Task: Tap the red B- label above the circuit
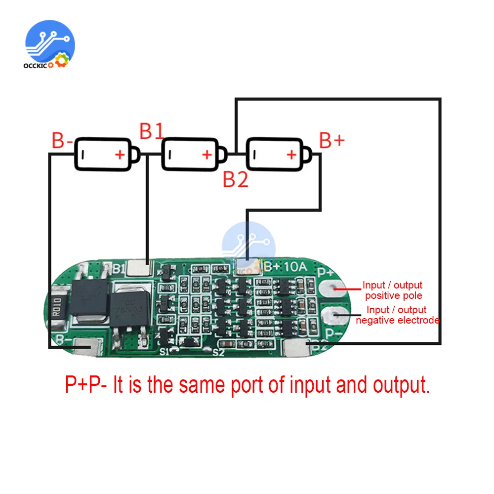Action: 62,141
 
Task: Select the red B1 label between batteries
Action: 151,131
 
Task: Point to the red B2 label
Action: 235,179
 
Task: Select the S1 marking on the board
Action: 165,352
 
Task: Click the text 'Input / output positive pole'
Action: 392,290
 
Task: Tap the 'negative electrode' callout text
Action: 397,320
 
